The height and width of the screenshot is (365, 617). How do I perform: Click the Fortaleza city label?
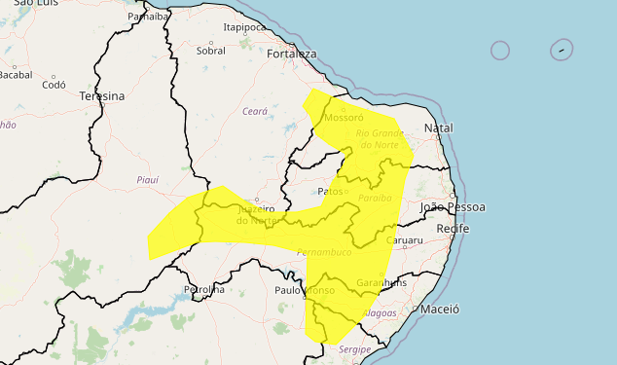291,55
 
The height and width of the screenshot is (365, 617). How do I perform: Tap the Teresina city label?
102,96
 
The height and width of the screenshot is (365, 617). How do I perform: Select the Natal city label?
439,128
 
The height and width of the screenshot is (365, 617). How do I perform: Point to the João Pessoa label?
453,207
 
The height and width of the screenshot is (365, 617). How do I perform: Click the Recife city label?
453,228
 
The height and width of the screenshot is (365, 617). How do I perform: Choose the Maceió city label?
439,309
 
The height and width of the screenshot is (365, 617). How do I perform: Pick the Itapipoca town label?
244,28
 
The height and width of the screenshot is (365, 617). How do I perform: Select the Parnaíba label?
148,17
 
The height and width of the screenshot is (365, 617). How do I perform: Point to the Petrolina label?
204,289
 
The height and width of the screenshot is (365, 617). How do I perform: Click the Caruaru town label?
404,239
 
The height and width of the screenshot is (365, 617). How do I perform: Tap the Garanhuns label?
382,282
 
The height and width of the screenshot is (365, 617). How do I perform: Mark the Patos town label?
331,192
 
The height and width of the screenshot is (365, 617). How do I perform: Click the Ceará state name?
254,112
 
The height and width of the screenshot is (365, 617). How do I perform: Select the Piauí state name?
148,180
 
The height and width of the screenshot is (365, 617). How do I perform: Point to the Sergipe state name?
355,348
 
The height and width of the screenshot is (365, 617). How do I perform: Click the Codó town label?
54,85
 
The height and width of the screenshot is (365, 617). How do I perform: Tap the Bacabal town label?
16,74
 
